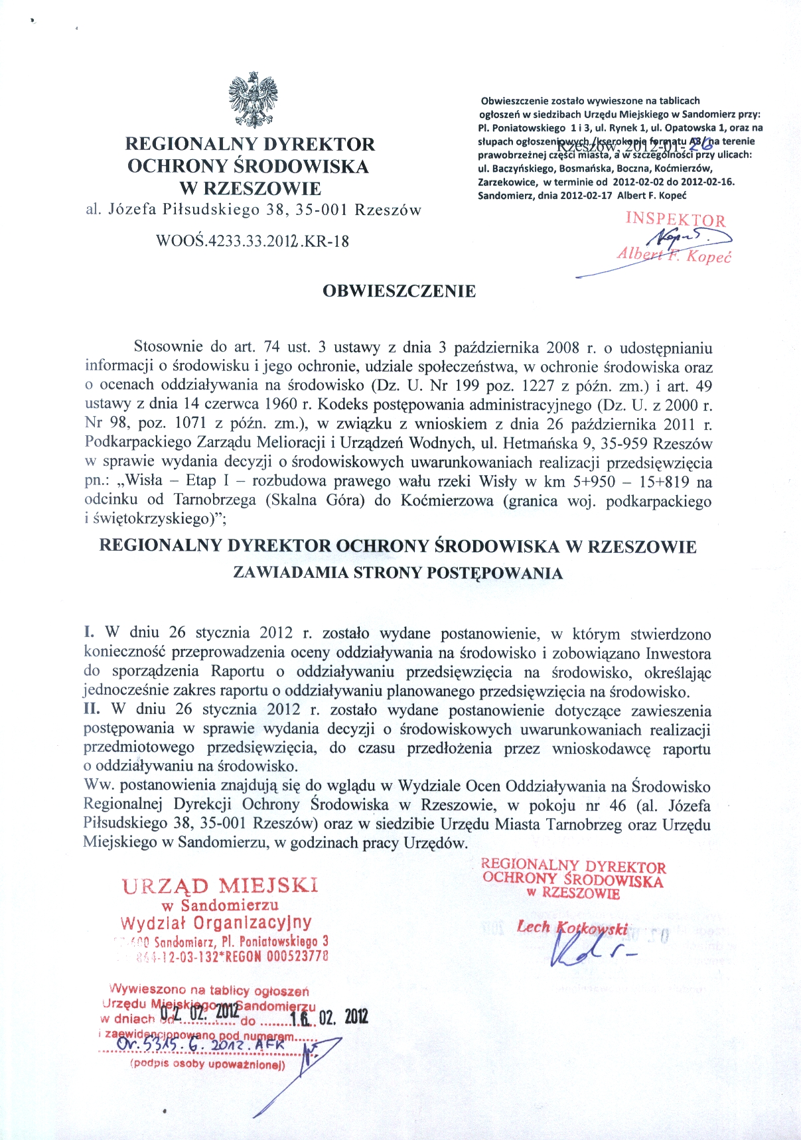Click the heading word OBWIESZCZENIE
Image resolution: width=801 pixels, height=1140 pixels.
pyautogui.click(x=399, y=291)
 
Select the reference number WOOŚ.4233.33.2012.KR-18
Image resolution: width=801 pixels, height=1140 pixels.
pyautogui.click(x=252, y=242)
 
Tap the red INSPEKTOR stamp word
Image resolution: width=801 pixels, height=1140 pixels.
pyautogui.click(x=675, y=220)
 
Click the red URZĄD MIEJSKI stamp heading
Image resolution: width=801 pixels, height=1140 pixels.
pyautogui.click(x=220, y=886)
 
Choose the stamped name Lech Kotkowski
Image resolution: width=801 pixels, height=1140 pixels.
pyautogui.click(x=572, y=928)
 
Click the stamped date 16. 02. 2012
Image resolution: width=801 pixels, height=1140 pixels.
pyautogui.click(x=328, y=1017)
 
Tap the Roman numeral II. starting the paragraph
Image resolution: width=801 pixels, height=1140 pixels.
pyautogui.click(x=92, y=709)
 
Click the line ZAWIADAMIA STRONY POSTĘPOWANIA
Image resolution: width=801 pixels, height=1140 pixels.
pyautogui.click(x=398, y=573)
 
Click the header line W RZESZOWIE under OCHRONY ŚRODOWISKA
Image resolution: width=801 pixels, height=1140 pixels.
pyautogui.click(x=250, y=188)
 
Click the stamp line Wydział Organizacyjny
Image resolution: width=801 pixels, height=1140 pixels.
pyautogui.click(x=216, y=923)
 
